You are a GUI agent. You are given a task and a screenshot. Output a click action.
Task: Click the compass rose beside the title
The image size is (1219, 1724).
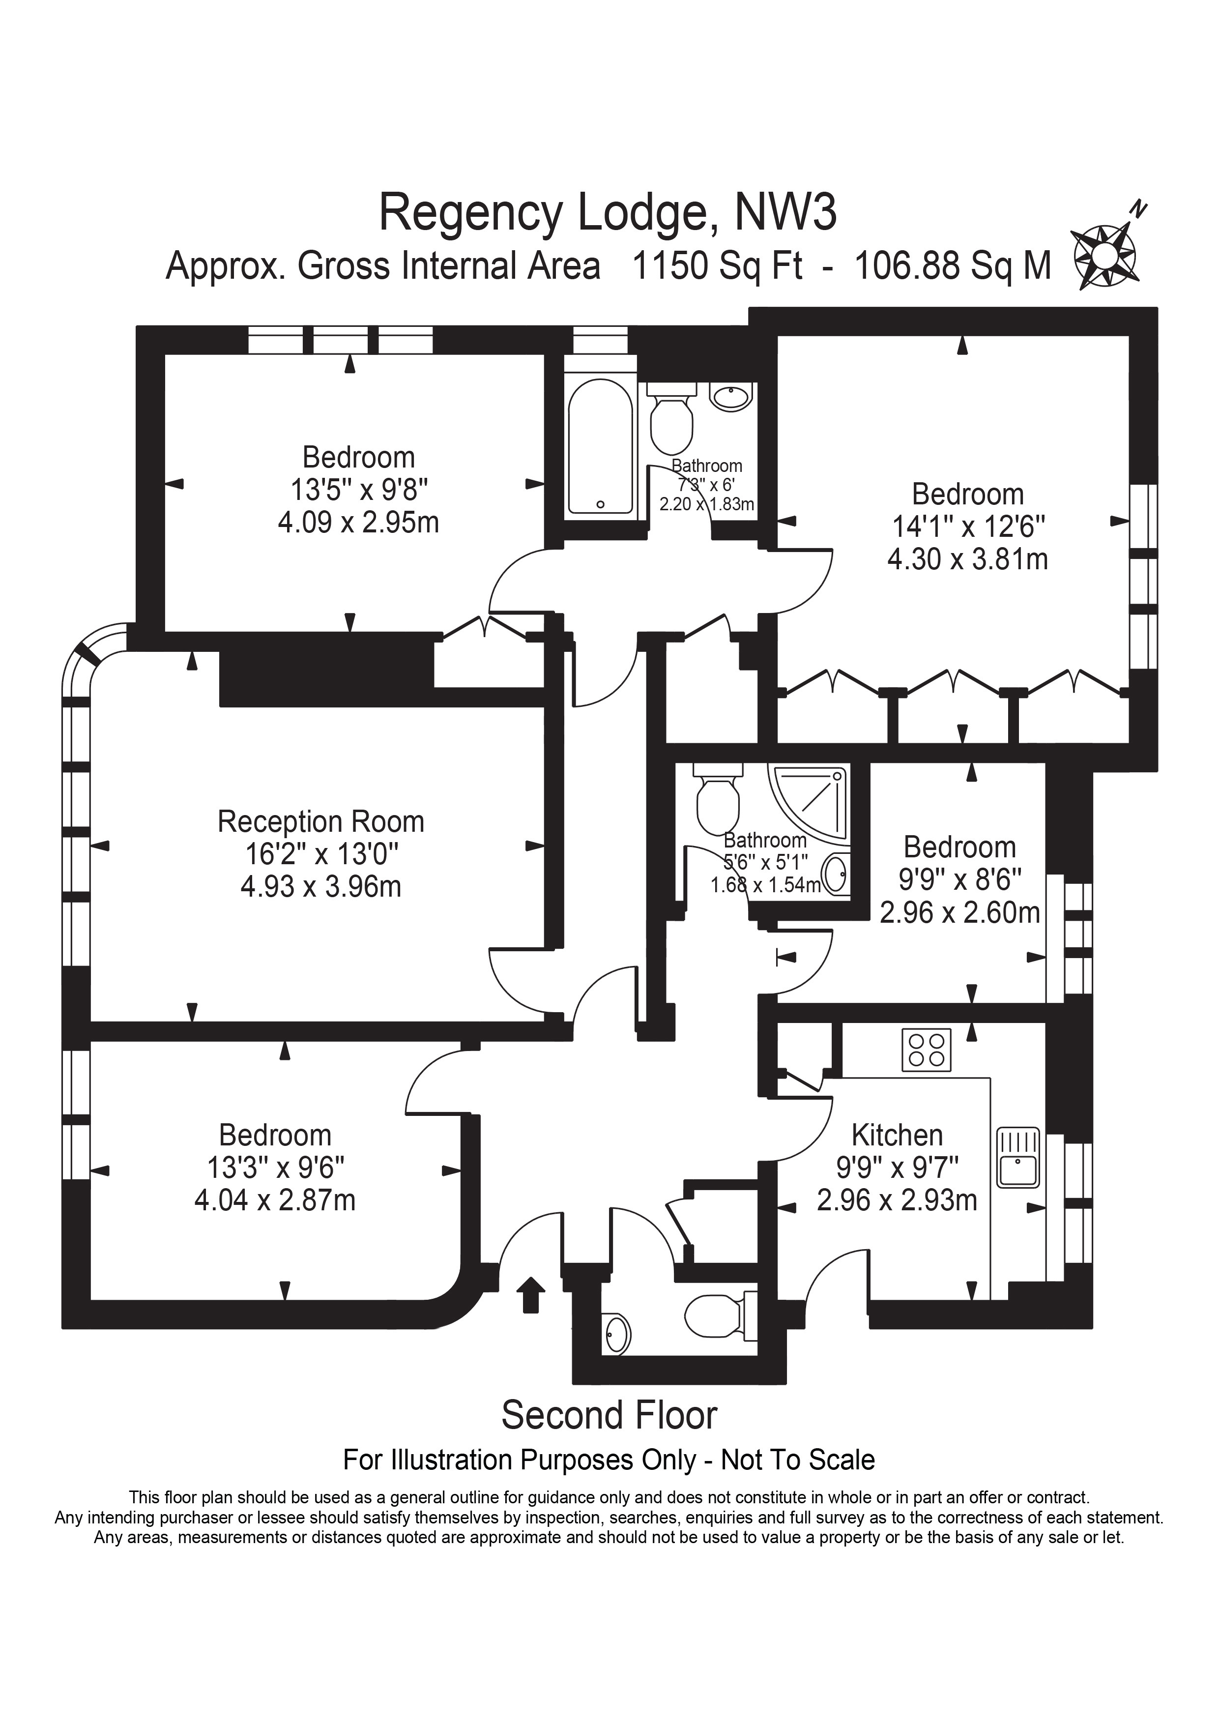pyautogui.click(x=1105, y=254)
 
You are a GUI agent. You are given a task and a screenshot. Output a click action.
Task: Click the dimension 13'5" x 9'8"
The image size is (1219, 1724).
pyautogui.click(x=359, y=490)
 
